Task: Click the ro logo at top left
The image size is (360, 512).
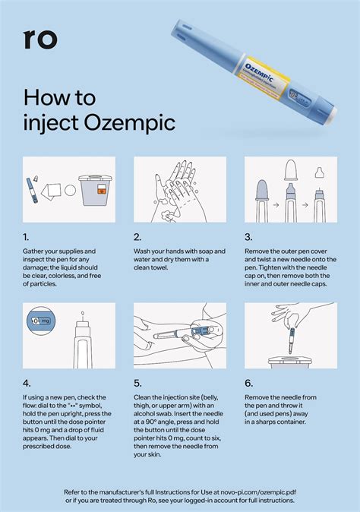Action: (x=40, y=40)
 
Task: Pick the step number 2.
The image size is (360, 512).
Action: (x=137, y=237)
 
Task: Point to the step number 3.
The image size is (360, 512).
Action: (x=248, y=237)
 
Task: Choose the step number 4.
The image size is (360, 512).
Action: (x=27, y=383)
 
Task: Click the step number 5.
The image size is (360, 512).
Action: (x=137, y=383)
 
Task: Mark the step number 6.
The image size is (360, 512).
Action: (x=249, y=383)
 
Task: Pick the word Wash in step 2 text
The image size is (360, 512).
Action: (x=144, y=250)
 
